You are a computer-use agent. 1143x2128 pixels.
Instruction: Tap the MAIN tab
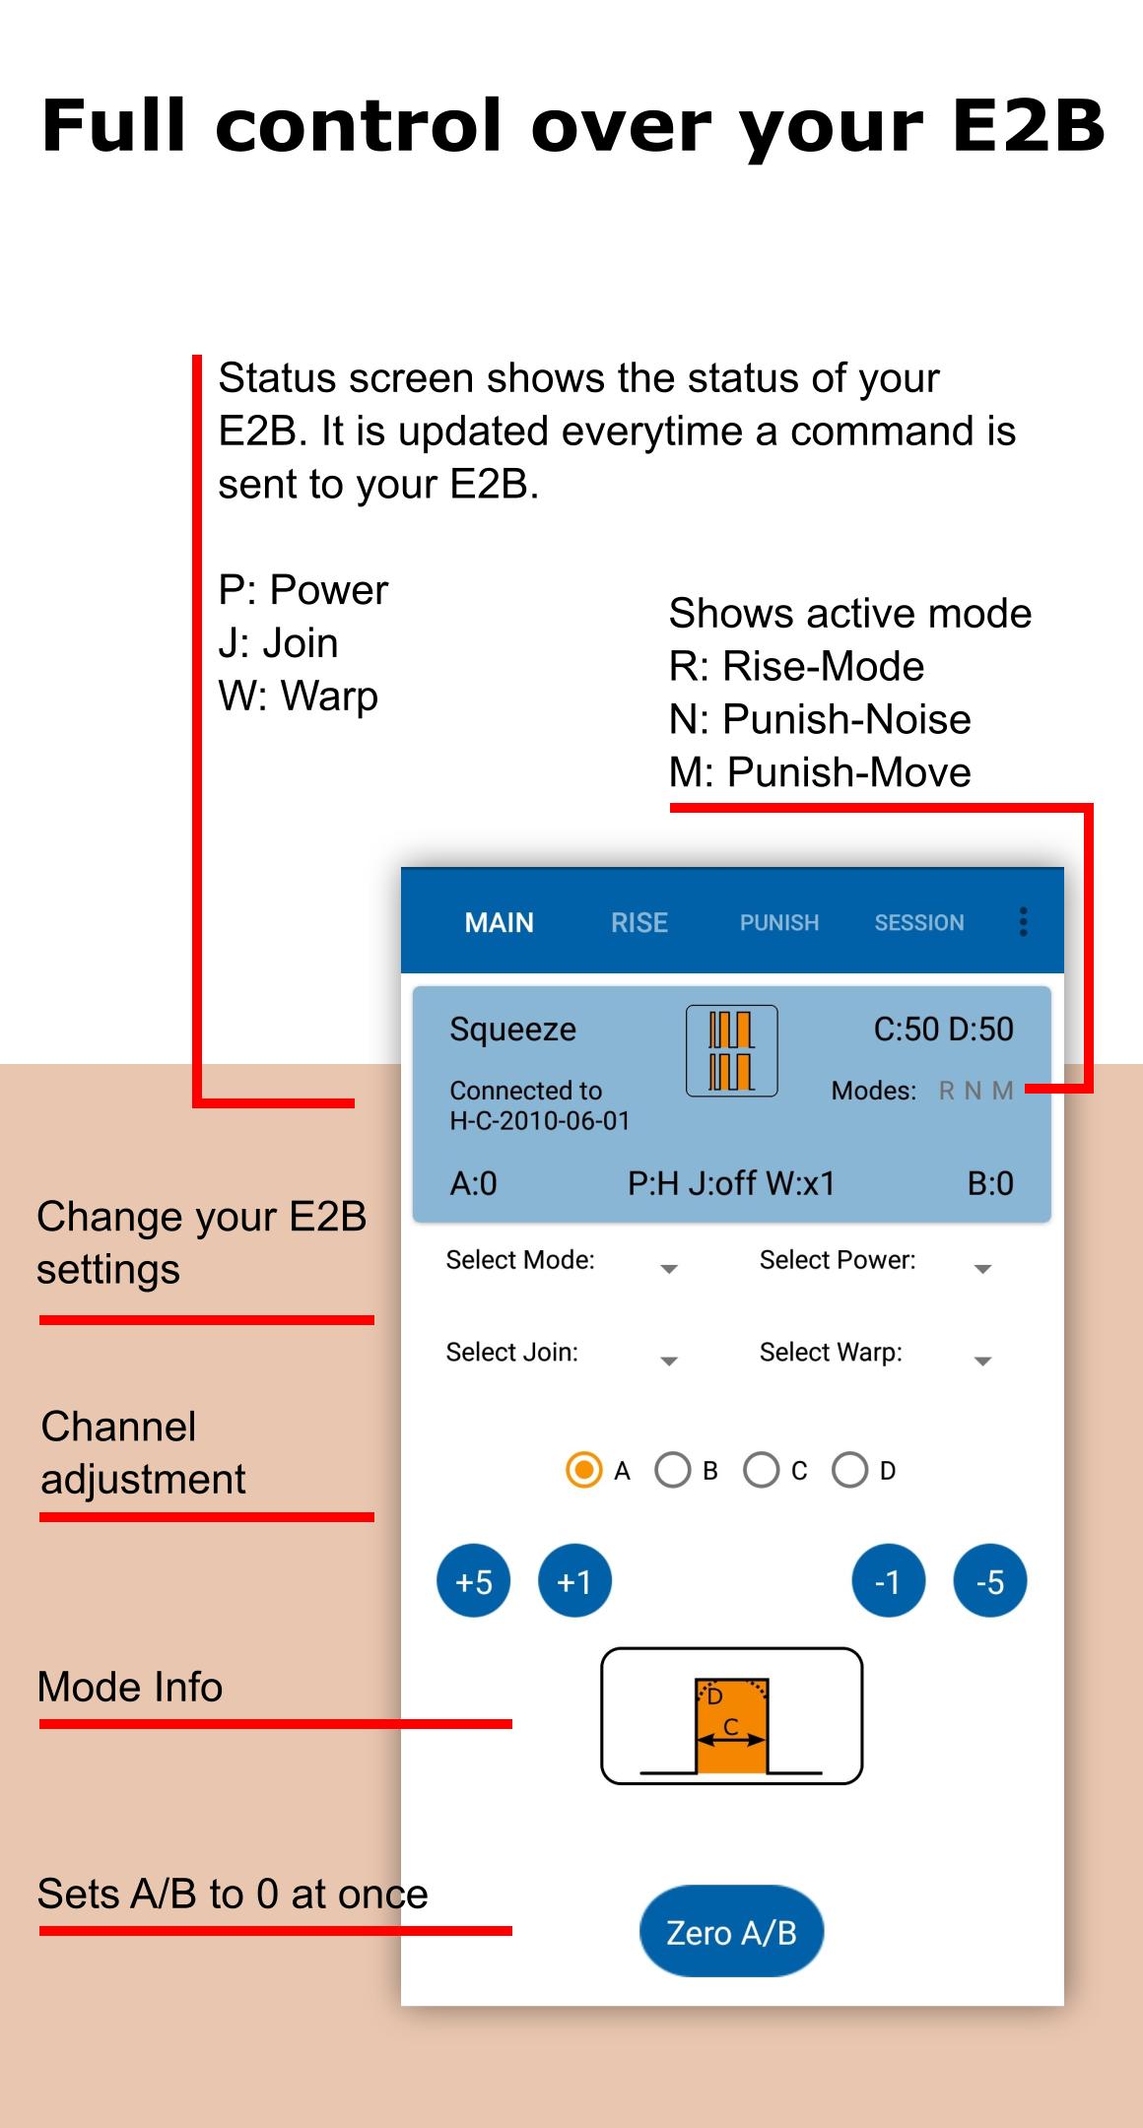point(500,922)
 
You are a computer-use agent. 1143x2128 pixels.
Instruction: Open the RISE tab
point(639,922)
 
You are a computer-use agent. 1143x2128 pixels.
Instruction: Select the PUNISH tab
point(779,922)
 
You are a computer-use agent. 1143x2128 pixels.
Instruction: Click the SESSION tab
point(919,922)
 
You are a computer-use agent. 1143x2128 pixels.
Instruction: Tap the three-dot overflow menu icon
point(1024,922)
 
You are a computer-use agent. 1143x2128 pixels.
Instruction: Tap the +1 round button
point(574,1581)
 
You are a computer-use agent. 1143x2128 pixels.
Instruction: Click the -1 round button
point(888,1581)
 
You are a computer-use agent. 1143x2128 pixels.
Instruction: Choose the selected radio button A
point(584,1470)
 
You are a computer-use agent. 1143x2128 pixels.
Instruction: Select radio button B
point(673,1470)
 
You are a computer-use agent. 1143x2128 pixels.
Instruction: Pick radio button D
point(850,1470)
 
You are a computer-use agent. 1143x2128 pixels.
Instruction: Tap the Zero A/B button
point(731,1932)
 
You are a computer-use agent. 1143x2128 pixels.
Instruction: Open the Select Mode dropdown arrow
point(669,1269)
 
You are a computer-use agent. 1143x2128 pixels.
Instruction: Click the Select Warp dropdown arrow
point(982,1362)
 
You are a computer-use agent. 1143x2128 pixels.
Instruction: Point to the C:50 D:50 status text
point(943,1029)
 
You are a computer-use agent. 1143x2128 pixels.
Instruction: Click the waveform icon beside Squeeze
point(732,1051)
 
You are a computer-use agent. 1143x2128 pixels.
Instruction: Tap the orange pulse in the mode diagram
point(731,1727)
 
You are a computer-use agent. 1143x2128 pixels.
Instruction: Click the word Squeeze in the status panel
point(512,1029)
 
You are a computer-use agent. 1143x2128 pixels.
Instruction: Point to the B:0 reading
point(990,1183)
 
